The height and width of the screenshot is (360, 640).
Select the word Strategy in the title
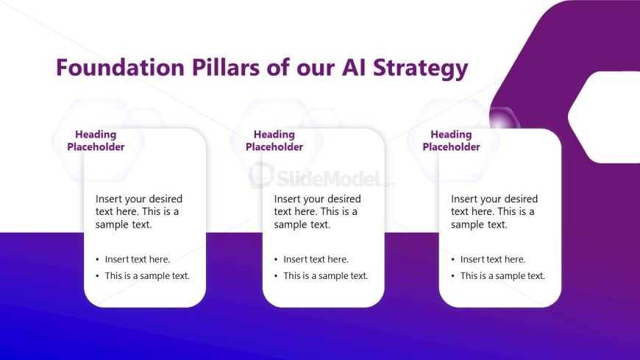(420, 68)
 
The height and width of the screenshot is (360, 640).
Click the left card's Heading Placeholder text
(96, 141)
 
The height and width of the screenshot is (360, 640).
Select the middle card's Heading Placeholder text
(274, 141)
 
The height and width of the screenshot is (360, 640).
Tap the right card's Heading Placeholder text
(451, 141)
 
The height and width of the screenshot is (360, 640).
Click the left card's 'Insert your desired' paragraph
(139, 212)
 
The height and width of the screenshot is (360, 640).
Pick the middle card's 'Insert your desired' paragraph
(317, 212)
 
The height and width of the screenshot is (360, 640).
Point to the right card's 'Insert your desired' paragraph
(494, 212)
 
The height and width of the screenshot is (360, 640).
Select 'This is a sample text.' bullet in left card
(147, 276)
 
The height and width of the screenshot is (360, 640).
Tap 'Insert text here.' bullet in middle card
(316, 259)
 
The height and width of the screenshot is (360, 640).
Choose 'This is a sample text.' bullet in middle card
(326, 276)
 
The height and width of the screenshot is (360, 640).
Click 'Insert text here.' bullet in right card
(493, 259)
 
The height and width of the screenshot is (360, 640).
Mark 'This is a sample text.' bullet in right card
(502, 276)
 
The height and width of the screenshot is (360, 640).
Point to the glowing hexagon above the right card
(504, 121)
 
